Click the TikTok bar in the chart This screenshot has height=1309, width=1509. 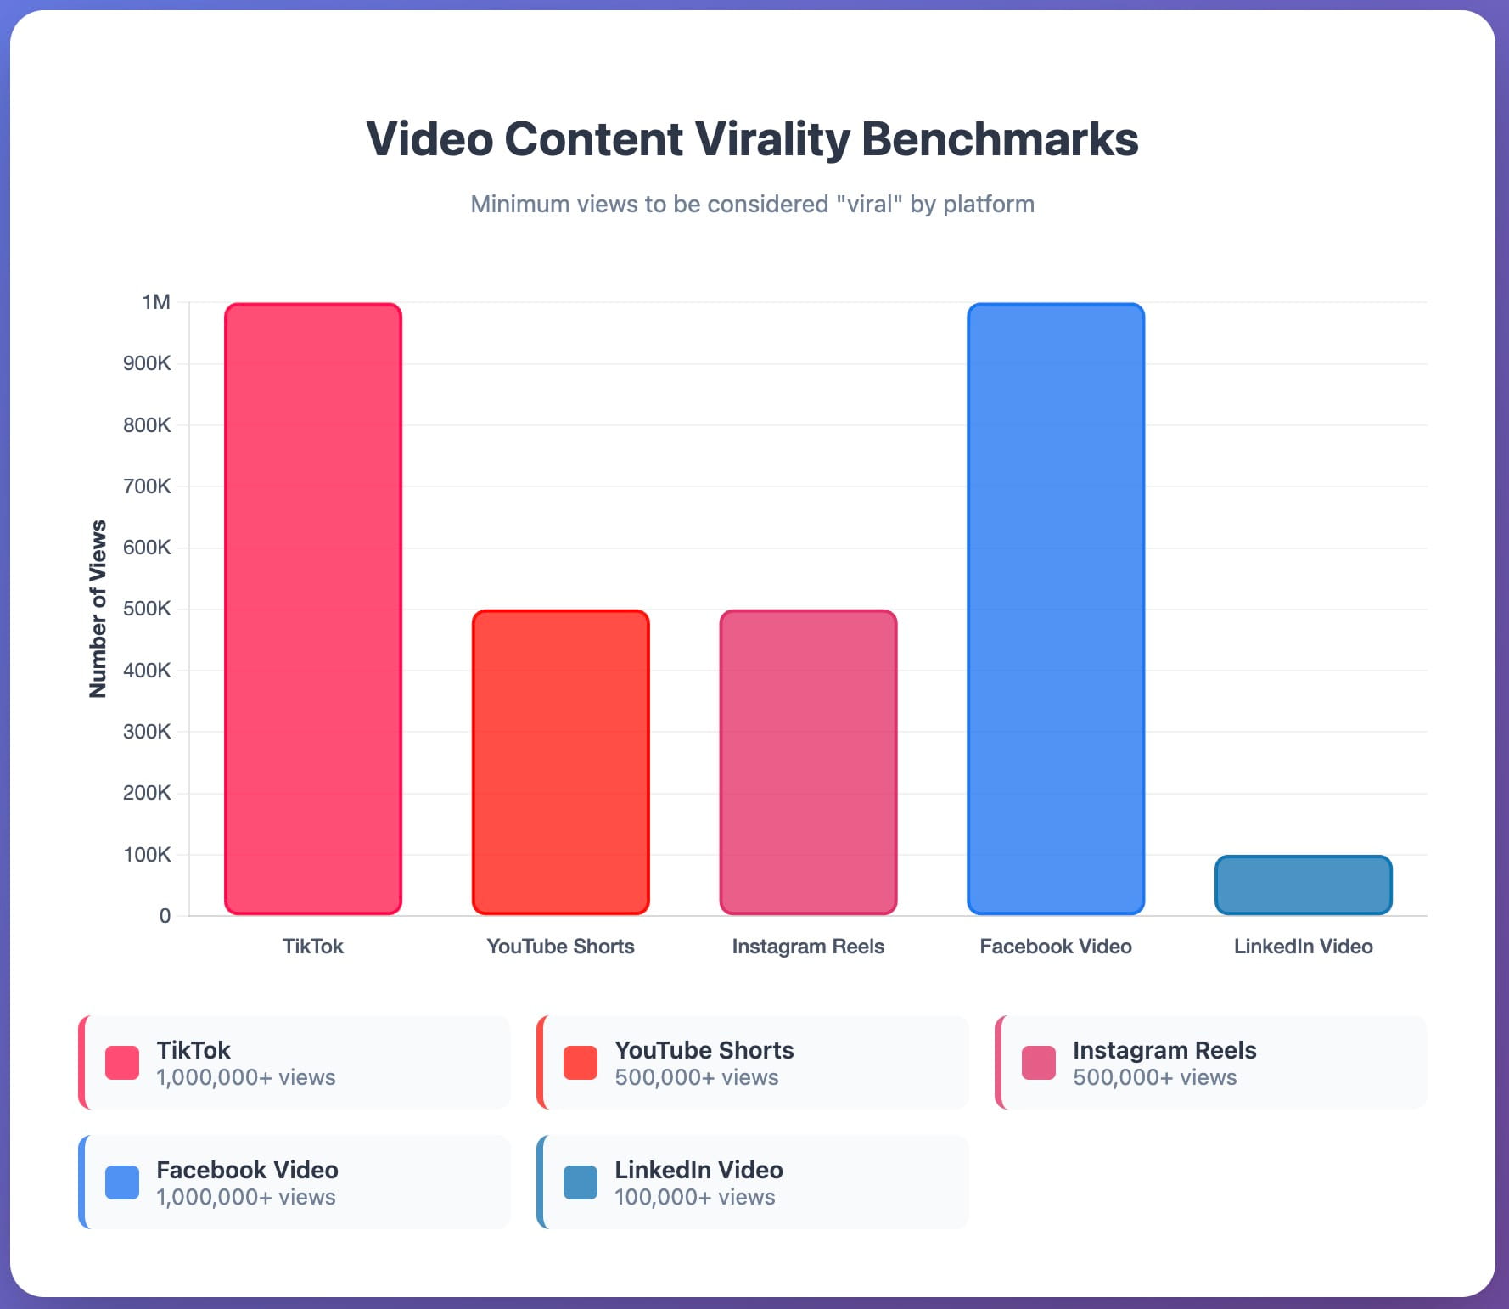pyautogui.click(x=313, y=609)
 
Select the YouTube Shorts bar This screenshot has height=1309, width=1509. pyautogui.click(x=561, y=762)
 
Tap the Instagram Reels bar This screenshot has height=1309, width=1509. pyautogui.click(x=808, y=762)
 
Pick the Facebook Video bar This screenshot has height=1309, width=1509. pyautogui.click(x=1056, y=609)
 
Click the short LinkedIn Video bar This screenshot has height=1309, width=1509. pyautogui.click(x=1303, y=885)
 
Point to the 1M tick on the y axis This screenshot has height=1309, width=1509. pyautogui.click(x=156, y=302)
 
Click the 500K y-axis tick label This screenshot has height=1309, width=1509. pyautogui.click(x=147, y=609)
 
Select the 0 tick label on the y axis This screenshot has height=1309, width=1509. pyautogui.click(x=165, y=916)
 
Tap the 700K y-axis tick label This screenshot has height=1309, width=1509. pyautogui.click(x=147, y=486)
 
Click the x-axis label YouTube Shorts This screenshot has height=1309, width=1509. pyautogui.click(x=560, y=947)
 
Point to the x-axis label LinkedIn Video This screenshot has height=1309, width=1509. pyautogui.click(x=1303, y=947)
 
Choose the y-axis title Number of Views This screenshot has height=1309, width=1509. pyautogui.click(x=98, y=609)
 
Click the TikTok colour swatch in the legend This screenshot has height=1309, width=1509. pyautogui.click(x=122, y=1063)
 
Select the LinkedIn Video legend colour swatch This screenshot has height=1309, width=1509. pyautogui.click(x=581, y=1183)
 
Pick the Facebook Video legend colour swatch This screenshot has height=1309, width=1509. pyautogui.click(x=122, y=1183)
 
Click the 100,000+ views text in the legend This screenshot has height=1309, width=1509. pyautogui.click(x=694, y=1197)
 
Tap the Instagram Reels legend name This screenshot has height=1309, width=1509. pyautogui.click(x=1164, y=1050)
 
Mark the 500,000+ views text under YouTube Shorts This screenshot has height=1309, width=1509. pyautogui.click(x=696, y=1077)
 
